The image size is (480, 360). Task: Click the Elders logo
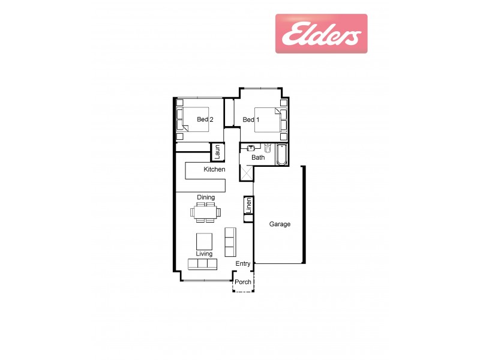coord(321,34)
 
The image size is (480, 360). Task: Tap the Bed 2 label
coord(205,119)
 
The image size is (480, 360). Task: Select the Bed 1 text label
coord(251,119)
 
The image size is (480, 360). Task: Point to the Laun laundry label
coord(217,152)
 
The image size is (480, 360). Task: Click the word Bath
coord(258,158)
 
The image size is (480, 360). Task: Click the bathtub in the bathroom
coord(281,154)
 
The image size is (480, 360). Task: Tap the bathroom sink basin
coord(251,148)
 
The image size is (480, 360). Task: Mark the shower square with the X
coord(247,173)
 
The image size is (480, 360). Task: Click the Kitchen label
coord(214,170)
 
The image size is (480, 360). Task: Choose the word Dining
coord(206,197)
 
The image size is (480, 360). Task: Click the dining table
coord(206,212)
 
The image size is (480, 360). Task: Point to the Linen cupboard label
coord(248,205)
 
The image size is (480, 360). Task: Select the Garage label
coord(280,224)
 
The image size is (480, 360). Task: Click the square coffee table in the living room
coord(205,241)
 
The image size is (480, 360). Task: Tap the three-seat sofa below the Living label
coord(202,263)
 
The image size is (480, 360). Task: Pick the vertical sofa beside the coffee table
coord(230,241)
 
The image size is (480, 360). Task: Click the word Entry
coord(243,264)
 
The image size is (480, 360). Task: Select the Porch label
coord(243,282)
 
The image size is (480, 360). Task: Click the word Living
coord(204,254)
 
